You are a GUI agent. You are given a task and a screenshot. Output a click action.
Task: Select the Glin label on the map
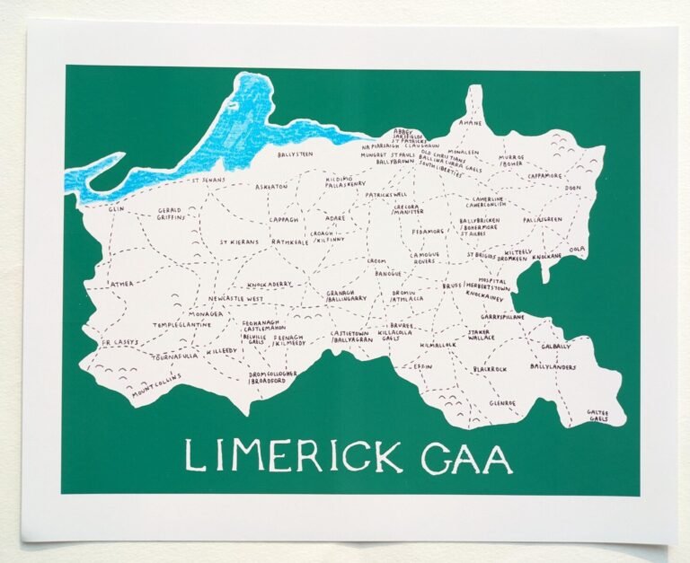tap(116, 208)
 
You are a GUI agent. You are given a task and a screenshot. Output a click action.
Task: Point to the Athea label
tap(121, 283)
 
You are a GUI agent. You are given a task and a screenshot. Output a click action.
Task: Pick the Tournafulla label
tap(174, 356)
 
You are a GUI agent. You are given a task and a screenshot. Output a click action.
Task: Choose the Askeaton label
tap(271, 186)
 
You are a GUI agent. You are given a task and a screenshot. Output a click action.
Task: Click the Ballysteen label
tap(296, 154)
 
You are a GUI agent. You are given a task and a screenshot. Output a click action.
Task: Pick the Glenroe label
tap(503, 403)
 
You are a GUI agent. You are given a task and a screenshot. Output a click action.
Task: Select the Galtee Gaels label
tap(598, 415)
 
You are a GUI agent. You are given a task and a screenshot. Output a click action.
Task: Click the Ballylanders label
tap(553, 366)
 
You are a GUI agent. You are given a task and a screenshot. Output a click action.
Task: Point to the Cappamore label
tap(544, 176)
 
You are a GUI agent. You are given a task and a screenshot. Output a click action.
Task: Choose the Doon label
tap(573, 188)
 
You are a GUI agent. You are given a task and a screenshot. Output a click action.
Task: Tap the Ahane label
tap(470, 122)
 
